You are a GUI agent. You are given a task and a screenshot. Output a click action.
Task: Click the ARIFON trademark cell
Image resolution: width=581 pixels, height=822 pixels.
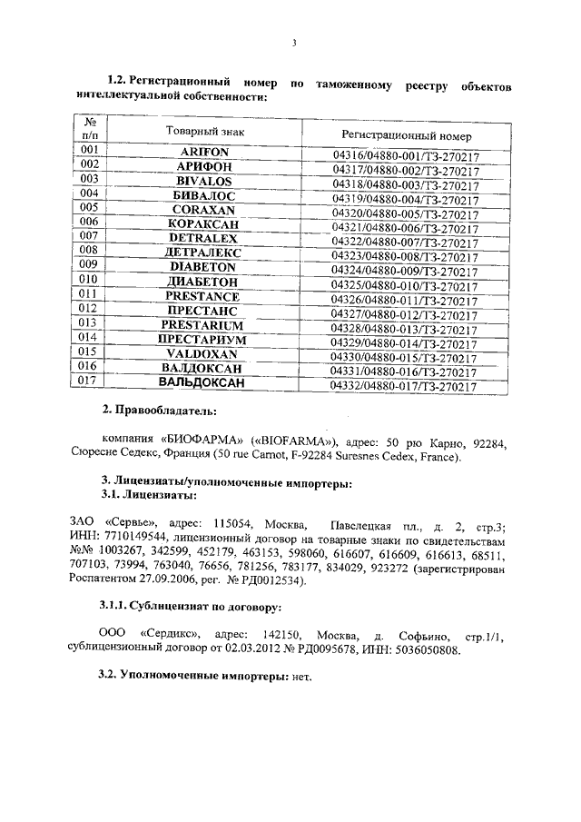tap(204, 152)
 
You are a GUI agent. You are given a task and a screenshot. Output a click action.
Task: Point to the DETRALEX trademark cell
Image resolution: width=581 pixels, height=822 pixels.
tap(204, 239)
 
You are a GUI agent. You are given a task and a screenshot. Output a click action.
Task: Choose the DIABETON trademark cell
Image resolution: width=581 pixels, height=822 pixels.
tap(204, 268)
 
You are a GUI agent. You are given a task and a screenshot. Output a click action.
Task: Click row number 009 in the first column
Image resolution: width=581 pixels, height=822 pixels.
tap(90, 265)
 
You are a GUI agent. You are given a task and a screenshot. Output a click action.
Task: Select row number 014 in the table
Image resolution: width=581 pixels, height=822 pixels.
tap(90, 337)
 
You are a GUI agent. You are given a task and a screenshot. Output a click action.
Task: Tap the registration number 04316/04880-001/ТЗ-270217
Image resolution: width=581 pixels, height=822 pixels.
tap(405, 156)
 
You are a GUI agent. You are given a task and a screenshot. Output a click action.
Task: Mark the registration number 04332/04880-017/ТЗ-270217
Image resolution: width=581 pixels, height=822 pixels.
tap(405, 387)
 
